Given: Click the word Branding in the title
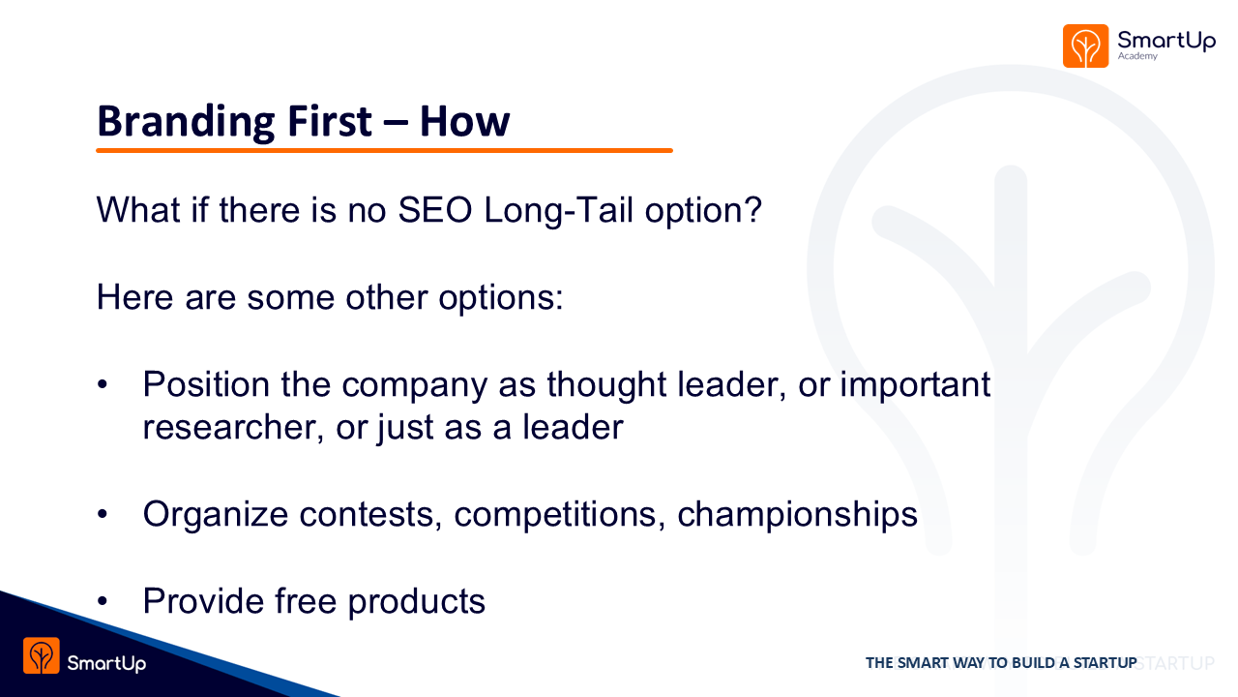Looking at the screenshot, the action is (x=186, y=122).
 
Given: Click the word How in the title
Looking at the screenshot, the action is (x=464, y=121).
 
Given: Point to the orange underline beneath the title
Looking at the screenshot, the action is (x=384, y=150).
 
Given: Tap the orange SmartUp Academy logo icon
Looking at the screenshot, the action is (x=1085, y=45).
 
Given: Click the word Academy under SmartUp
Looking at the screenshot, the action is (x=1137, y=56).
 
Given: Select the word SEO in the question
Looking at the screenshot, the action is (x=435, y=210).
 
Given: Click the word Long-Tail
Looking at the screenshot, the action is (x=558, y=211).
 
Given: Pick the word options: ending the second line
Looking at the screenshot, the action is (x=501, y=298).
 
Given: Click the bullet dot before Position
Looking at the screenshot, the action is (x=103, y=384).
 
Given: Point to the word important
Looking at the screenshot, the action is (x=915, y=384).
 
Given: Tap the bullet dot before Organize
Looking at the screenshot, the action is (x=103, y=514).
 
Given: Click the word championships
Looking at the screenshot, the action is (x=798, y=514).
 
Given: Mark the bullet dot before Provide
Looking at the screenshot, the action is (x=103, y=601).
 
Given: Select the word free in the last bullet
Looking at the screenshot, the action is (x=306, y=601).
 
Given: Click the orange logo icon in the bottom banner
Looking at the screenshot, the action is (x=42, y=655).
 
